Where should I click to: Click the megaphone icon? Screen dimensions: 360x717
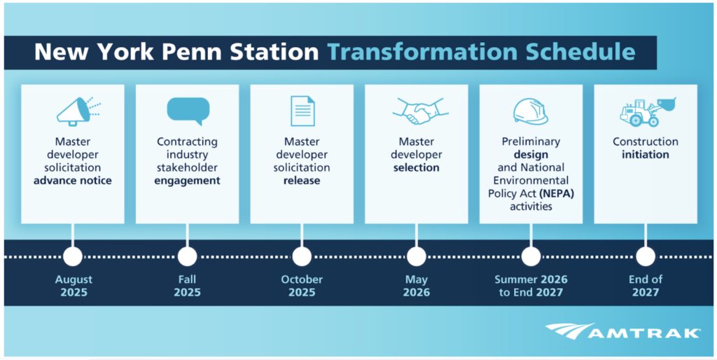(78, 111)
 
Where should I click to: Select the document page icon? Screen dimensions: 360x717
(302, 111)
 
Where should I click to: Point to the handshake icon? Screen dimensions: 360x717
(416, 111)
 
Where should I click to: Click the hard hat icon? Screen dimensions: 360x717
(530, 111)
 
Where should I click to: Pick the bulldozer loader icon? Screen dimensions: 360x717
(645, 111)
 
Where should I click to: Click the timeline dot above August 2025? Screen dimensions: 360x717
(73, 256)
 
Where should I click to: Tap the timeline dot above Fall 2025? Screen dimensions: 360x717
(187, 256)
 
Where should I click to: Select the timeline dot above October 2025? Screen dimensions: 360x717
(302, 256)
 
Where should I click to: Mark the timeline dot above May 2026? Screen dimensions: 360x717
(416, 256)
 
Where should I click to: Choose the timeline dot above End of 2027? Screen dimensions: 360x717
(645, 256)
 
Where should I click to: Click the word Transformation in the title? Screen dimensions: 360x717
(422, 53)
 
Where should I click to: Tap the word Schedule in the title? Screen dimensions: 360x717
(580, 53)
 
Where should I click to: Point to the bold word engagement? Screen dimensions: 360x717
(188, 181)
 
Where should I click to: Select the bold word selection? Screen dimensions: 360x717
(416, 168)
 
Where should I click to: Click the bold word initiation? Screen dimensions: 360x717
(645, 155)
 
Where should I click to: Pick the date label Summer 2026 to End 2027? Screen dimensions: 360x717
(531, 286)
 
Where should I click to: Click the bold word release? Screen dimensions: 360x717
(302, 181)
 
